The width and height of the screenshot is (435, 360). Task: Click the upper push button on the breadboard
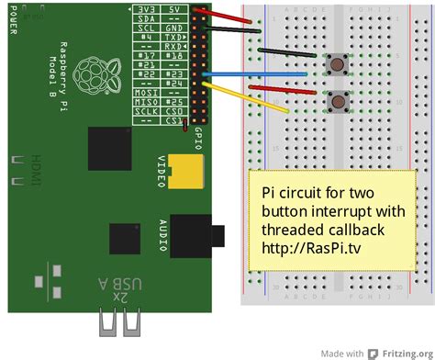click(x=339, y=64)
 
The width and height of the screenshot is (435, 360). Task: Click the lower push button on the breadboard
click(x=339, y=101)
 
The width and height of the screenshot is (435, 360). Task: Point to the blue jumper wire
click(x=266, y=73)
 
